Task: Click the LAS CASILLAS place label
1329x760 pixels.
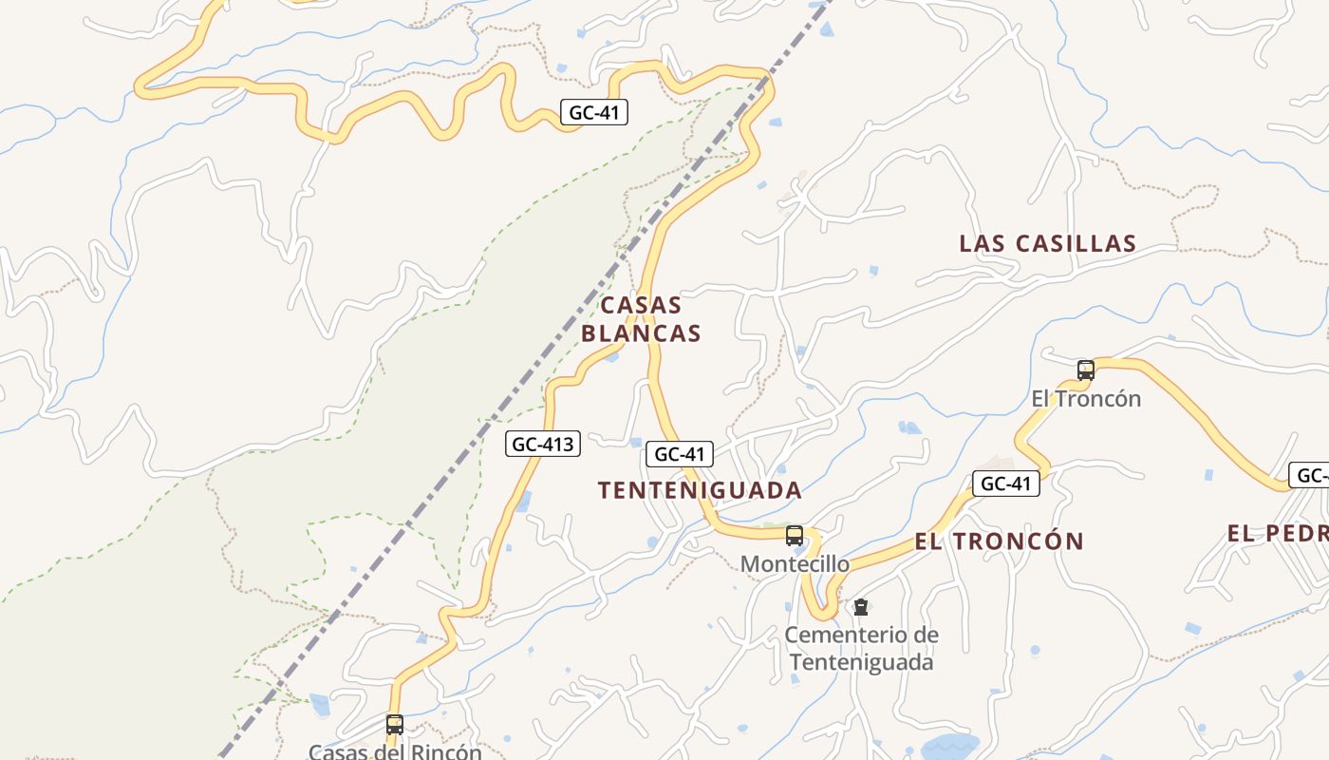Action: (1047, 243)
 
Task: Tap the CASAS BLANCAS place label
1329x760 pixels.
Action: (641, 319)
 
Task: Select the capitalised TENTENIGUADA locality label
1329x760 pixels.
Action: (700, 490)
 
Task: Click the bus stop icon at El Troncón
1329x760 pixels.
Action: (1086, 370)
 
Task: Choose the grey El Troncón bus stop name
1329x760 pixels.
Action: (1086, 399)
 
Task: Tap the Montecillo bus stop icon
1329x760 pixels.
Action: (795, 536)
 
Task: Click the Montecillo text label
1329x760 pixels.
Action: (795, 564)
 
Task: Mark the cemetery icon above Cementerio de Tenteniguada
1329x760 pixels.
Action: (861, 606)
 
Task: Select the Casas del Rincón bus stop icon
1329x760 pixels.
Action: (395, 725)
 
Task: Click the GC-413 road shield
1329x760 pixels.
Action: (542, 444)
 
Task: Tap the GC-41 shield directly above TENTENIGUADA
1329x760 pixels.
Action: (680, 454)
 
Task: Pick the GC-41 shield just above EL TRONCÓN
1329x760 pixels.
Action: (1005, 484)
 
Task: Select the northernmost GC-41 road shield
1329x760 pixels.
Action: (593, 112)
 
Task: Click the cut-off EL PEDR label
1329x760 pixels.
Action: (1277, 533)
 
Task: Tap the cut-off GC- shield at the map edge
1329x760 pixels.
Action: (1310, 475)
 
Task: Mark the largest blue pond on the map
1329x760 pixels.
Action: (949, 745)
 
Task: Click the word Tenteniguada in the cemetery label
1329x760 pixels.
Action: (861, 662)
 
